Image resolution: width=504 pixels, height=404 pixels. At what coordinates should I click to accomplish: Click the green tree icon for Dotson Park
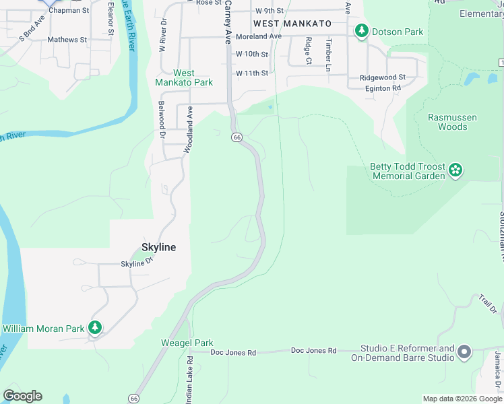[362, 31]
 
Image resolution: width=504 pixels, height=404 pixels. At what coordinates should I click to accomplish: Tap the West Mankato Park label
[184, 77]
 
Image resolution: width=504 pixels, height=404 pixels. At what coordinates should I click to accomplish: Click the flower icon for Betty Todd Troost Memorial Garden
[456, 170]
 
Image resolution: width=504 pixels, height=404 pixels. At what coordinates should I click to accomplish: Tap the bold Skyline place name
[158, 247]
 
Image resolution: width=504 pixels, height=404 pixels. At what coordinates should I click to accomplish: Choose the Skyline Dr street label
[133, 263]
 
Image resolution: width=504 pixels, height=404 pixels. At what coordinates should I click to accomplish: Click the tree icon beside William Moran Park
[95, 328]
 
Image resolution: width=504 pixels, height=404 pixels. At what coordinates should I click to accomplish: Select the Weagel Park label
[187, 343]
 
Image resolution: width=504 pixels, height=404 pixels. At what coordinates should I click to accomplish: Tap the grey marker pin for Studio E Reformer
[464, 351]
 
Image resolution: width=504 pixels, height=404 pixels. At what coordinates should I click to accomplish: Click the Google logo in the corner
[22, 396]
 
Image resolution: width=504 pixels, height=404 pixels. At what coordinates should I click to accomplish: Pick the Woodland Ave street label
[190, 122]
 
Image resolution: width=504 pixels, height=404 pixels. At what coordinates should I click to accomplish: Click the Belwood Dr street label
[162, 120]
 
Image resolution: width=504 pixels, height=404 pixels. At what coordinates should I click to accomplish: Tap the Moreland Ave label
[258, 36]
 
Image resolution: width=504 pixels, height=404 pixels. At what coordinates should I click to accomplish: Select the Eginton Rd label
[383, 88]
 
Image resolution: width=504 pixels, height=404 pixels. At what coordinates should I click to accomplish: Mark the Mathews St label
[67, 40]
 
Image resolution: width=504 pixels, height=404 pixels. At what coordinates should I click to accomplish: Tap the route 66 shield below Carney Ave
[237, 137]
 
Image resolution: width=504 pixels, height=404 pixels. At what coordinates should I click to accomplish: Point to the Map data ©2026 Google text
[462, 399]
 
